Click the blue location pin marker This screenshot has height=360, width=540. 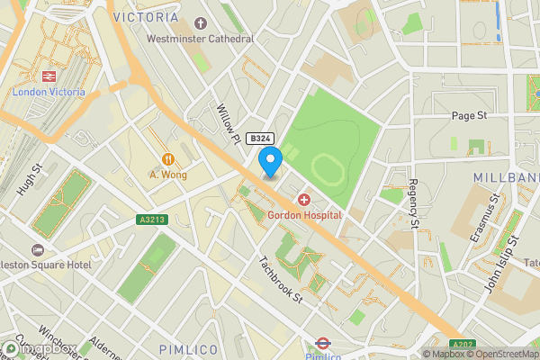(270, 161)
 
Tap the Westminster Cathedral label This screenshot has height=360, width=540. (200, 39)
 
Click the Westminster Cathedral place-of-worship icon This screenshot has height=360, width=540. (200, 23)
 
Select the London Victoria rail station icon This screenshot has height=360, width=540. (49, 77)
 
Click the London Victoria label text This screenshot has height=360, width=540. (49, 93)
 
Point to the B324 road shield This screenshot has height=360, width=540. (260, 138)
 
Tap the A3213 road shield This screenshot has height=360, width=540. (152, 219)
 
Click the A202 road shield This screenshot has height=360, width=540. (462, 342)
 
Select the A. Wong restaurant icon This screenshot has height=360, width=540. (167, 159)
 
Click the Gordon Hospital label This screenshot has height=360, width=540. (304, 215)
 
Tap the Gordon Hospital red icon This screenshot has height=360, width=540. (304, 199)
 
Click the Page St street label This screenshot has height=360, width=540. (469, 116)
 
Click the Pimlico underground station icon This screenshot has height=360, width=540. (321, 342)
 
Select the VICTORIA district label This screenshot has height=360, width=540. (146, 17)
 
